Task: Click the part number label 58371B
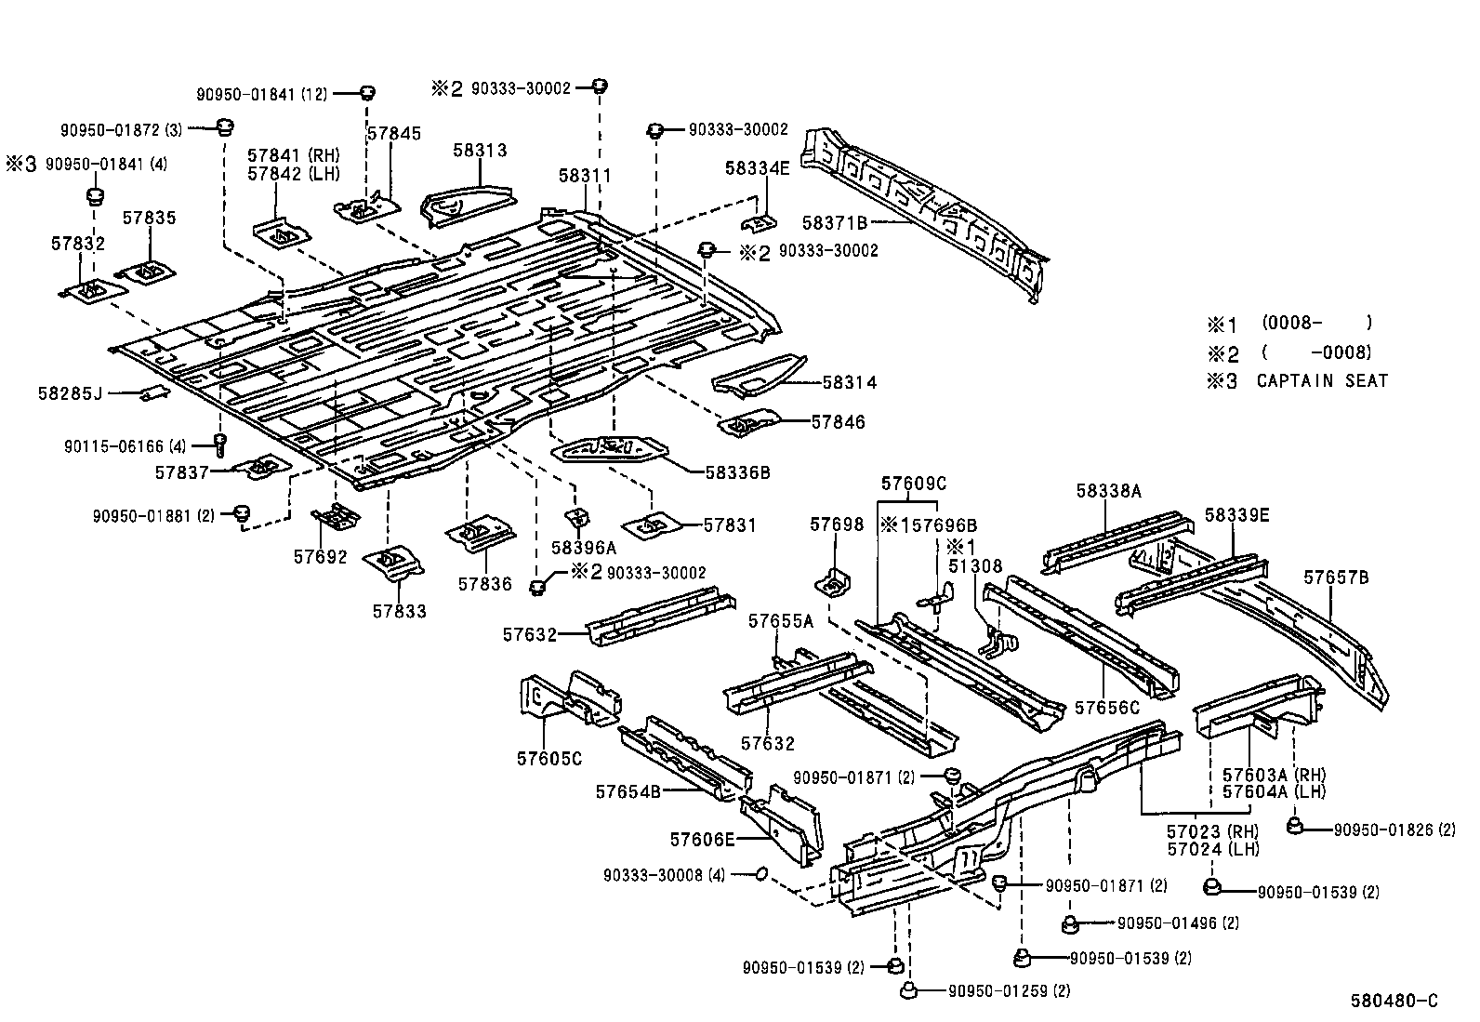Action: pos(834,223)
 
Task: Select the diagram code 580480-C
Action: pos(1394,1001)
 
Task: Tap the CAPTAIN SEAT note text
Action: pos(1322,380)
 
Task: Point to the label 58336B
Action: pos(737,472)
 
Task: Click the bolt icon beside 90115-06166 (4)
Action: pos(220,445)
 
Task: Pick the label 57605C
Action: pos(548,758)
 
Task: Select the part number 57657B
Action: pos(1335,577)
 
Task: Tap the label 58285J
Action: pos(69,393)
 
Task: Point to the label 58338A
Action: pos(1108,491)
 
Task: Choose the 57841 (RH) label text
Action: pos(294,155)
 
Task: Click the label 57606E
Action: pos(702,840)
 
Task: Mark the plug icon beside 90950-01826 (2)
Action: pos(1294,827)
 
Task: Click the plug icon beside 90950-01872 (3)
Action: pos(224,126)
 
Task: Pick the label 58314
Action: pos(849,382)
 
